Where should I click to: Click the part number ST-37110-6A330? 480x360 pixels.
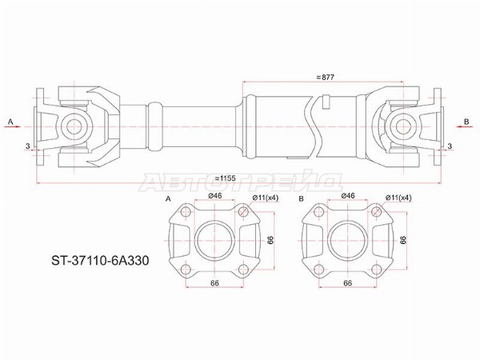tap(100, 261)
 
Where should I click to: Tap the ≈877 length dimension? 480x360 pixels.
tap(325, 78)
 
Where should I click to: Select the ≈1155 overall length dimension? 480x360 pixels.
tap(225, 178)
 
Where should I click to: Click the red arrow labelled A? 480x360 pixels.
tap(14, 126)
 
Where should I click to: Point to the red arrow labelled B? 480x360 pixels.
tap(462, 126)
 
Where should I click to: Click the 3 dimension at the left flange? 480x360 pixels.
tap(28, 146)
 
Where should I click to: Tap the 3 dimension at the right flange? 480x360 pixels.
tap(450, 146)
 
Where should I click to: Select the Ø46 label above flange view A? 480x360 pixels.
tap(214, 196)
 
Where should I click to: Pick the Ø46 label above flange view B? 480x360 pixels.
tap(347, 196)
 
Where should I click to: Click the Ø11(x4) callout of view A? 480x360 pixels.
tap(266, 198)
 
